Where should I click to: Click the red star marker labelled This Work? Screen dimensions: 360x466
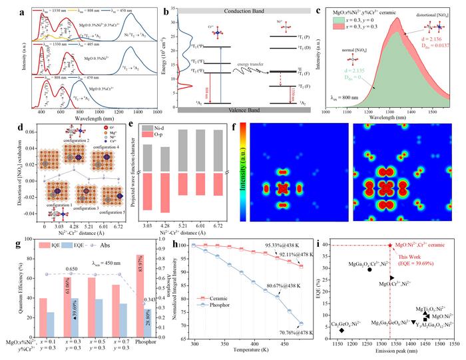390,246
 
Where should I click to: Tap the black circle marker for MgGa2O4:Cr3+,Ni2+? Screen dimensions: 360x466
351,270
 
